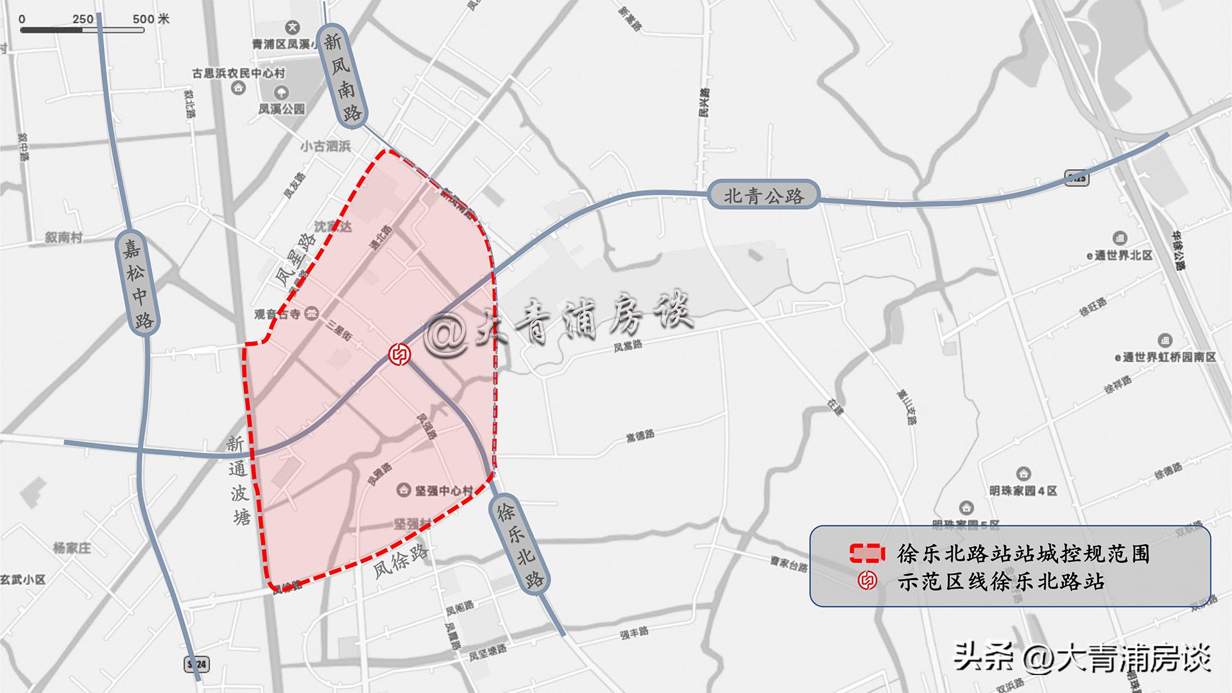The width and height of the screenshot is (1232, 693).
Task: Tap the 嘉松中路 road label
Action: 137,283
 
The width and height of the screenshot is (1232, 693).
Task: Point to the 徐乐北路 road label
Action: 520,543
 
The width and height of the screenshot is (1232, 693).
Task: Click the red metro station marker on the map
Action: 400,354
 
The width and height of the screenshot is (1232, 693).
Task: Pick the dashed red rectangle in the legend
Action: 867,553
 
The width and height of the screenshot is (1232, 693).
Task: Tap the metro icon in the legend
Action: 868,581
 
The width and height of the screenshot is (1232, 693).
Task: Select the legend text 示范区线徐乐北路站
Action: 1000,581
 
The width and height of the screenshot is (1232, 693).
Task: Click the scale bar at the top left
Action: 81,29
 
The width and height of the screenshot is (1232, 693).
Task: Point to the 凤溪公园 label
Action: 282,109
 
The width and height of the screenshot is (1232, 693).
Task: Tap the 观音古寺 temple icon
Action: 312,314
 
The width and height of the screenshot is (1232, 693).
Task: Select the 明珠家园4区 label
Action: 1023,491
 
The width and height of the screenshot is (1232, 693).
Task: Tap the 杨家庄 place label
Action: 72,548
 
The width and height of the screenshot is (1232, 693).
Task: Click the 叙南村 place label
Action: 64,237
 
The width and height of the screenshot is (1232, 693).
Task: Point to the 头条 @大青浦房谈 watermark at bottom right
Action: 1082,658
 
